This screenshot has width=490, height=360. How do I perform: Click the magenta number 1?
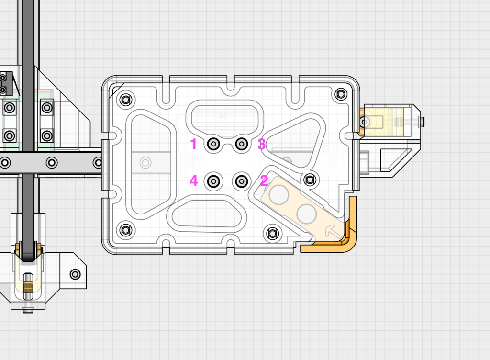(193, 144)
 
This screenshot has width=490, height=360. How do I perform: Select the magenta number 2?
(264, 180)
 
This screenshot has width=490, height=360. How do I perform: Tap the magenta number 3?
(262, 144)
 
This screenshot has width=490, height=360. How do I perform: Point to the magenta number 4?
(193, 180)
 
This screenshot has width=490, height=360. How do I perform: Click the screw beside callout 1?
(213, 143)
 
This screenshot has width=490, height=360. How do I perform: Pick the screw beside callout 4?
(213, 181)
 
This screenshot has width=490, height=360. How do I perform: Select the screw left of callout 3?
(242, 143)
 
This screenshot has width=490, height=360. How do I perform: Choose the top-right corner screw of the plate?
(341, 94)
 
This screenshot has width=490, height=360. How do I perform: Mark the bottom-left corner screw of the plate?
(125, 230)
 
